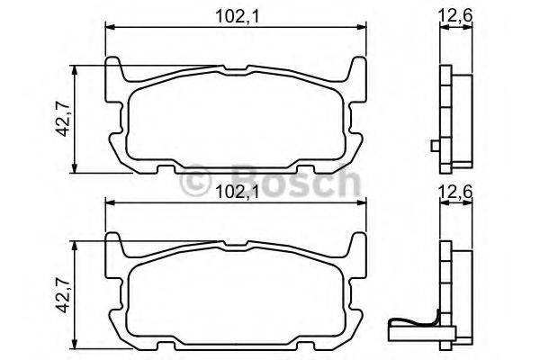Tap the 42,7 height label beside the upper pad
click(60, 117)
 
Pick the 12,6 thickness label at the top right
click(455, 13)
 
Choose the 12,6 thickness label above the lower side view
click(455, 190)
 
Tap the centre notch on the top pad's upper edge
click(236, 68)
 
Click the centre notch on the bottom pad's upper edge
click(236, 244)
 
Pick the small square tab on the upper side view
click(434, 147)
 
